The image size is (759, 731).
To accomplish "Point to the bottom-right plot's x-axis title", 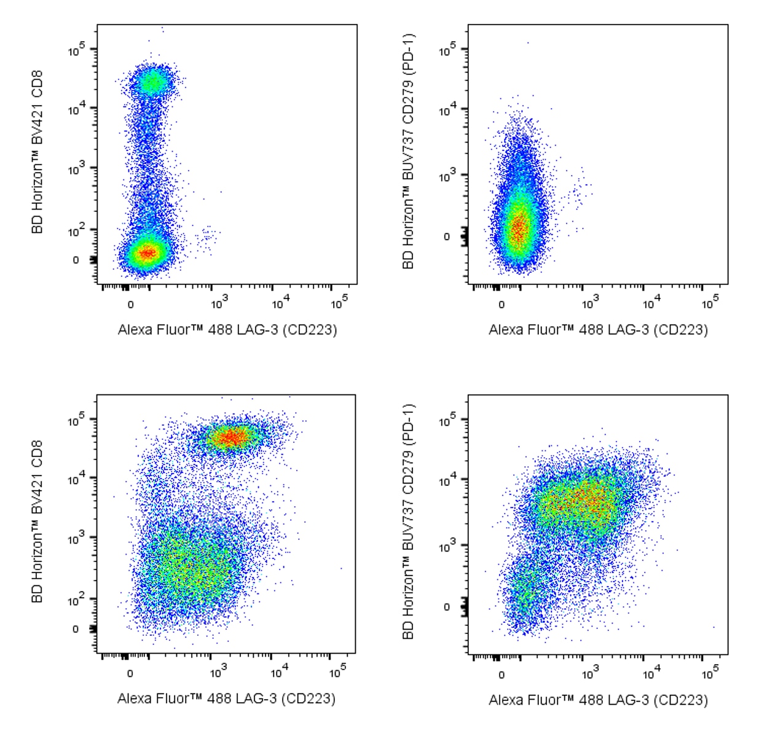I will [598, 700].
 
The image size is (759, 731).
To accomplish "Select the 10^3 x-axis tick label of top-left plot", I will [219, 302].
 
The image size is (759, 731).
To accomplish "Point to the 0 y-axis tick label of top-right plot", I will [447, 237].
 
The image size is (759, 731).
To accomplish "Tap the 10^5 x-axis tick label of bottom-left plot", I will [338, 671].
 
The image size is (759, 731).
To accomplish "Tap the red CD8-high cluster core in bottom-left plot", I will [231, 437].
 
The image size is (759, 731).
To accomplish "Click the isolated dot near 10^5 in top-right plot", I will [527, 43].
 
